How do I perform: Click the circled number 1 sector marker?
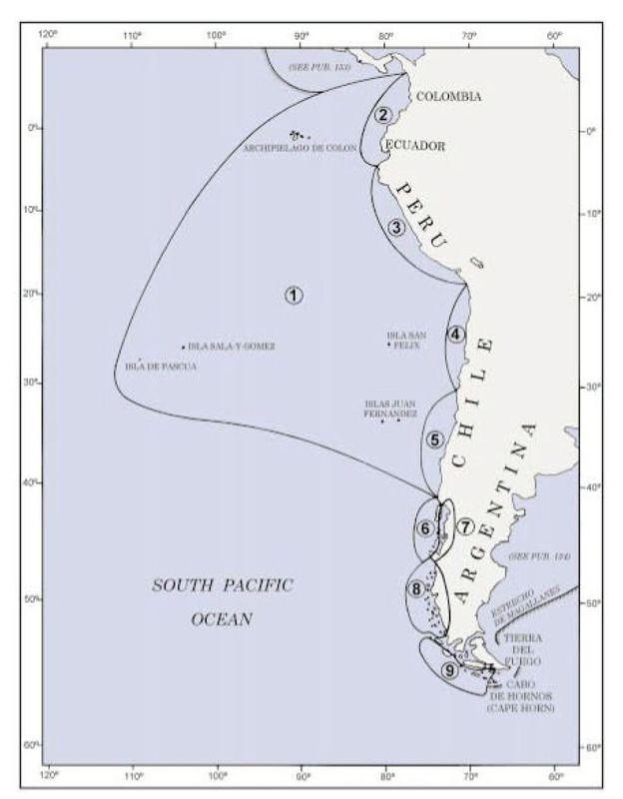pyautogui.click(x=294, y=295)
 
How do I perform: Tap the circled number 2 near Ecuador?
pyautogui.click(x=381, y=114)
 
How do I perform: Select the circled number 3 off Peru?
pyautogui.click(x=397, y=228)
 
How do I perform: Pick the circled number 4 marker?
pyautogui.click(x=456, y=334)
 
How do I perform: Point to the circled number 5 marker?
pyautogui.click(x=434, y=439)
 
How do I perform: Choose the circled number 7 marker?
pyautogui.click(x=465, y=525)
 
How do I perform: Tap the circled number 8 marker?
pyautogui.click(x=414, y=589)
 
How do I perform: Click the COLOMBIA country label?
pyautogui.click(x=448, y=97)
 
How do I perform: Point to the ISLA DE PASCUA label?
pyautogui.click(x=161, y=367)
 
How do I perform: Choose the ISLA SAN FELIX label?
pyautogui.click(x=406, y=340)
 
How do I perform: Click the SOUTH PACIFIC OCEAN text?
pyautogui.click(x=222, y=602)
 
